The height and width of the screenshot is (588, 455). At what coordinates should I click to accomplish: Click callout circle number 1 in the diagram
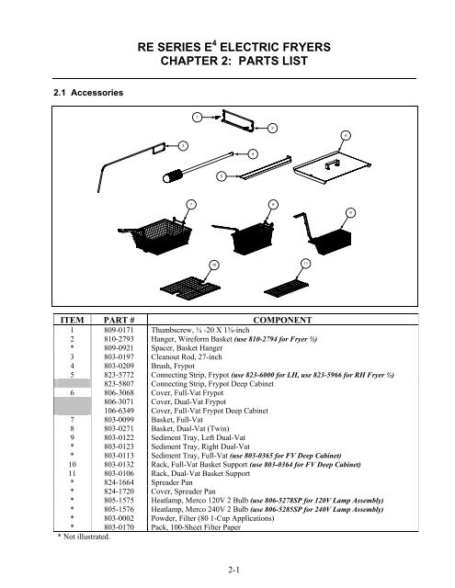[x=197, y=116]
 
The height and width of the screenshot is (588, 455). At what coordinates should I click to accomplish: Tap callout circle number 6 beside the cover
[x=344, y=135]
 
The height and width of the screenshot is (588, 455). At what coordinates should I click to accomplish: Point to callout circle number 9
[x=351, y=211]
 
